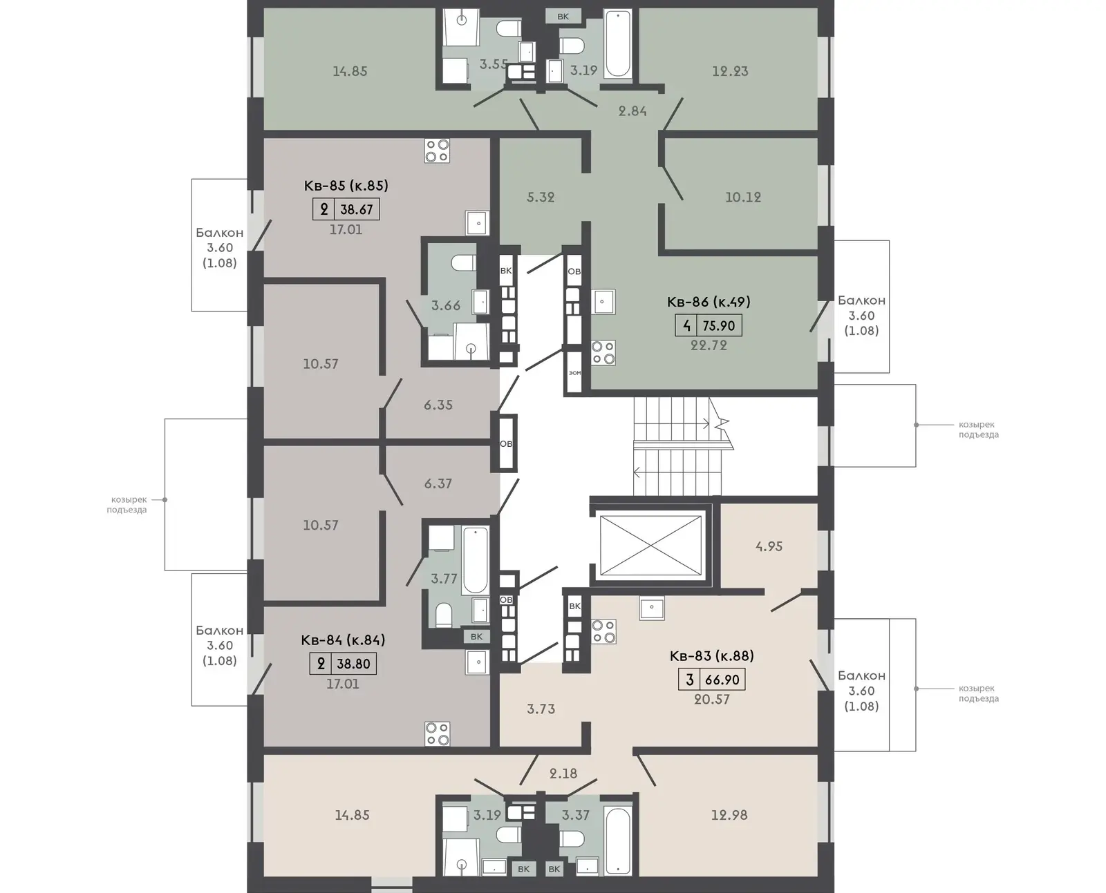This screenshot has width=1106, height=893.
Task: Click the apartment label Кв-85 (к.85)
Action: click(x=346, y=186)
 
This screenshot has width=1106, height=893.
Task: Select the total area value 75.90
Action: click(x=719, y=326)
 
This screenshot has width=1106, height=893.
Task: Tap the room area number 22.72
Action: click(x=709, y=345)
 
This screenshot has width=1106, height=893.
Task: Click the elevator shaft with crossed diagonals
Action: click(x=650, y=546)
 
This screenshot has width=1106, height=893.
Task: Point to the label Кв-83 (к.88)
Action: click(x=711, y=656)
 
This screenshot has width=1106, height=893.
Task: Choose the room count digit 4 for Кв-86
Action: click(x=687, y=326)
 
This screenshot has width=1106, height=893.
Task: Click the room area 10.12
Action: click(x=743, y=197)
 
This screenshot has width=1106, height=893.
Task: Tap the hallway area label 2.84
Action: click(x=632, y=111)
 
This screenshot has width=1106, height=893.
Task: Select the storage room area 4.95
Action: click(x=769, y=546)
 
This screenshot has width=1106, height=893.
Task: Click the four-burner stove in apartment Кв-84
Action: click(x=437, y=733)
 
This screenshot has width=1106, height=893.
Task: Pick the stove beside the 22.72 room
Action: click(x=603, y=353)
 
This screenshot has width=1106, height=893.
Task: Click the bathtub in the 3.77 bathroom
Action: click(x=475, y=560)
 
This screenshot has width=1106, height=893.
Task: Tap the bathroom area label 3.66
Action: click(x=446, y=306)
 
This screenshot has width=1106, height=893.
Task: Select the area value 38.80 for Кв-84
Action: click(x=353, y=664)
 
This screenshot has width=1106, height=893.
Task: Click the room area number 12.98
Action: click(x=729, y=815)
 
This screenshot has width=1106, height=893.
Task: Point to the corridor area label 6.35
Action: click(x=438, y=405)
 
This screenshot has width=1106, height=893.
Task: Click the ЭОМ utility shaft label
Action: click(x=575, y=373)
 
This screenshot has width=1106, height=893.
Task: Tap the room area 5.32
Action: click(x=541, y=197)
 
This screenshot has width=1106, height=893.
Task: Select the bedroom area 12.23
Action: click(x=730, y=71)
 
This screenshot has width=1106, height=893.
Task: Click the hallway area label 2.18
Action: click(x=563, y=774)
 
